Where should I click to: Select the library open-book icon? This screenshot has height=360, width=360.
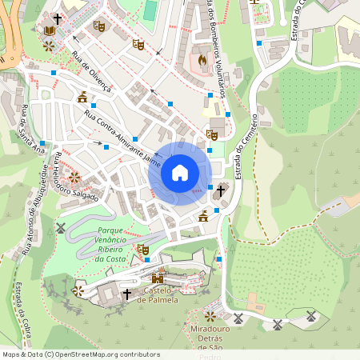50,30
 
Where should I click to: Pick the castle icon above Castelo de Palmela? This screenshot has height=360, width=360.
158,278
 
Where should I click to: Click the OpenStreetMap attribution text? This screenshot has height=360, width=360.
80,354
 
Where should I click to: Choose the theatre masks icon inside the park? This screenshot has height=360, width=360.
143,250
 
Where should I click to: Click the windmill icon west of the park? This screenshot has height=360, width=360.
59,228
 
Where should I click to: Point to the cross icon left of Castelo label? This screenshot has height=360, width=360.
126,294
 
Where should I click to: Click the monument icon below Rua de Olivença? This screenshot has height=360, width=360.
82,98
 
